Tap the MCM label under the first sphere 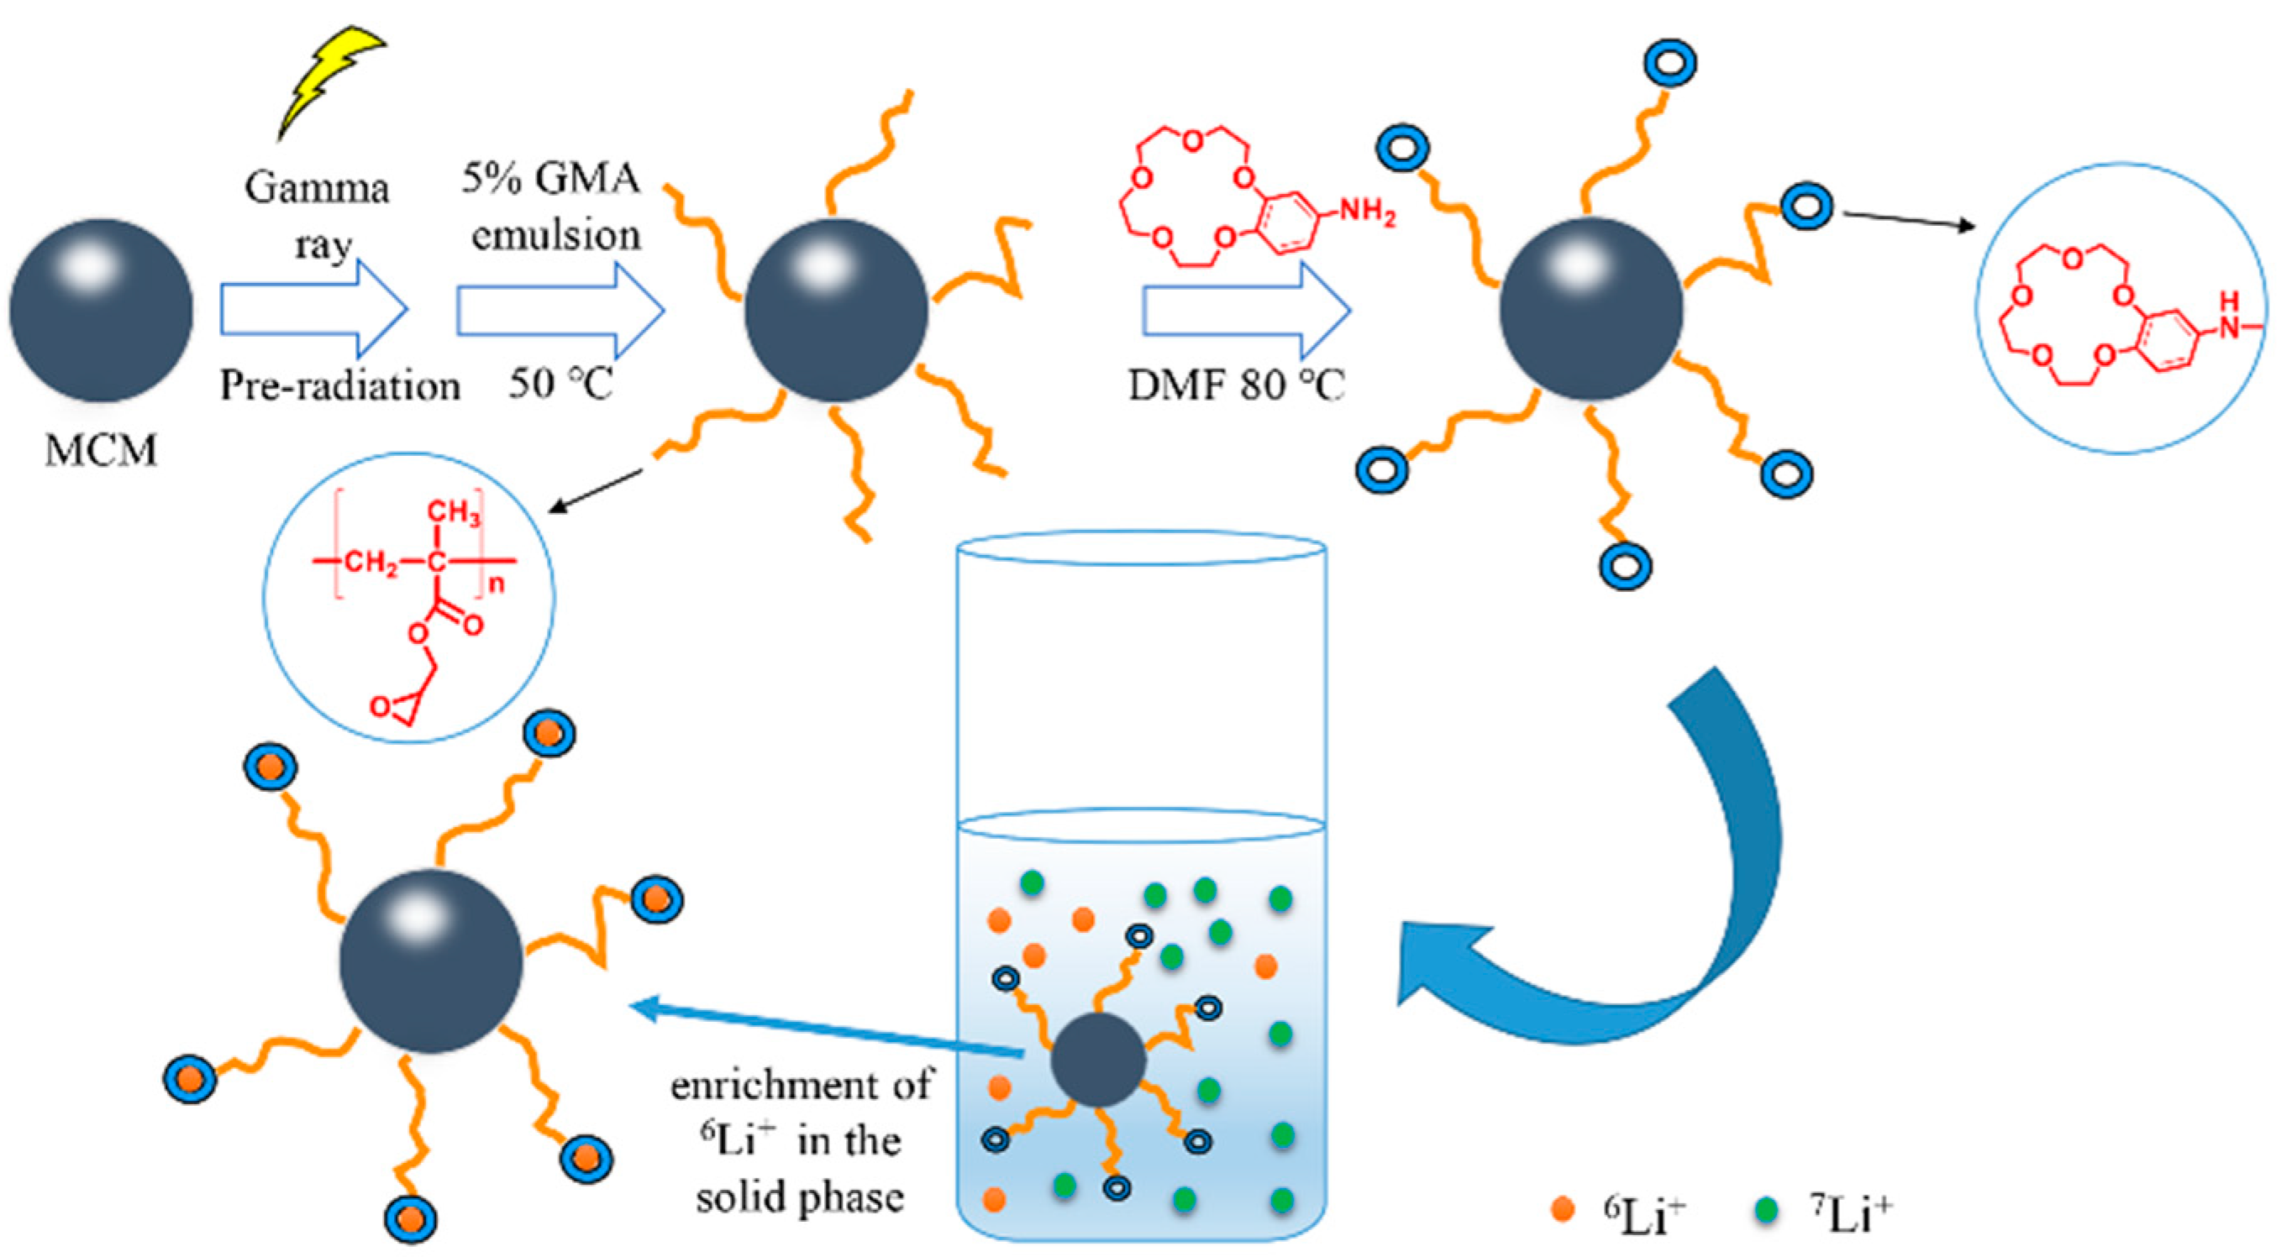click(101, 451)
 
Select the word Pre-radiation click(340, 385)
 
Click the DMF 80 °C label click(1236, 385)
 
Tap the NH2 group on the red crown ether click(1367, 213)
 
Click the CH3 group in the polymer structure click(455, 512)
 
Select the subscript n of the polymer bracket click(496, 584)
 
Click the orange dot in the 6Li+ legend click(1563, 1209)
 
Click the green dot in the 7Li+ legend click(1767, 1209)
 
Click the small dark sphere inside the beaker click(1098, 1060)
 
